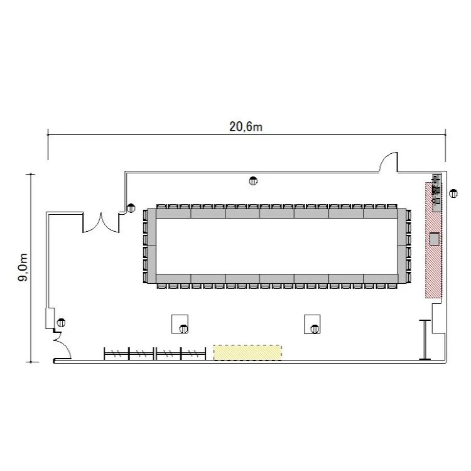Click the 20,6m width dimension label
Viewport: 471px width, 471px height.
point(246,127)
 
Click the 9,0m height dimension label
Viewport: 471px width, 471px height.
point(23,268)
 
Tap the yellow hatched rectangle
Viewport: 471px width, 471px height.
point(247,352)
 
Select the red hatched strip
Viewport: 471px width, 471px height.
point(433,240)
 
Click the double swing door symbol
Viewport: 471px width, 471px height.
point(101,223)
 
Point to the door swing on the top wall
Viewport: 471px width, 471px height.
point(388,161)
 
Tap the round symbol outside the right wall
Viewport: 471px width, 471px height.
point(453,194)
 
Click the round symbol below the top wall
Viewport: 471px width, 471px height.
point(253,181)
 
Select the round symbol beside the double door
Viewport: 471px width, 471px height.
point(131,208)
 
